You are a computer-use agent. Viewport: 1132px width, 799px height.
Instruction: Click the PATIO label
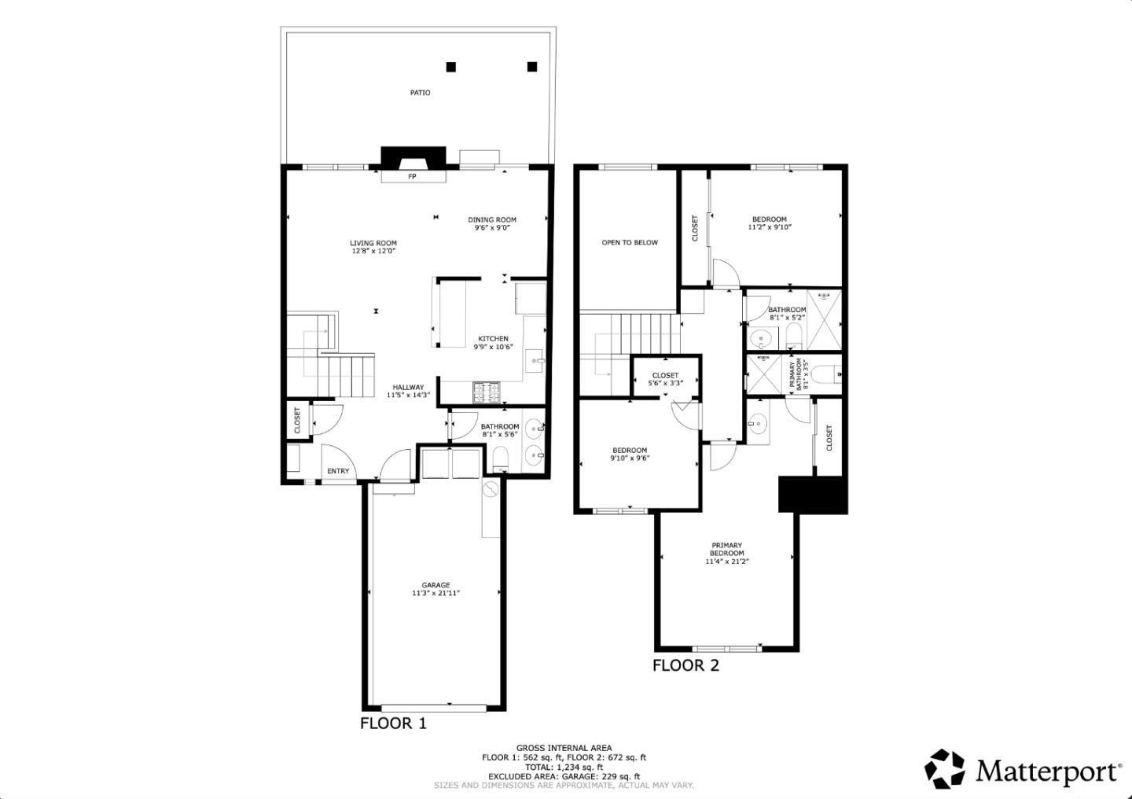(x=420, y=93)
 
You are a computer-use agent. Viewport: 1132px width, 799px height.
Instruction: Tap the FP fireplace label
(x=412, y=177)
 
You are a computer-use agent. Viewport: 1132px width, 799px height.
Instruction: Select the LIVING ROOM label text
(x=373, y=243)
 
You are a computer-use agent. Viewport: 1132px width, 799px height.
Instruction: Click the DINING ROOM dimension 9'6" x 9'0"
(x=492, y=228)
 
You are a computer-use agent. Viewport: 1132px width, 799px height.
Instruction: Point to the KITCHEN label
(x=493, y=339)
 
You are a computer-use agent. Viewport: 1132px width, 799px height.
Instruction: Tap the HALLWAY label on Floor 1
(x=409, y=387)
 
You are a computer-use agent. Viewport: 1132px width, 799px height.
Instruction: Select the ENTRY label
(x=338, y=471)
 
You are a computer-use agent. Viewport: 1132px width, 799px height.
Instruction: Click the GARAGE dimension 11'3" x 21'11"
(x=436, y=593)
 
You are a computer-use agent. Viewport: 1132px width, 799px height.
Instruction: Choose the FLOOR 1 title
(x=393, y=724)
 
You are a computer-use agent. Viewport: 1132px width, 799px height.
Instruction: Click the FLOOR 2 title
(x=685, y=666)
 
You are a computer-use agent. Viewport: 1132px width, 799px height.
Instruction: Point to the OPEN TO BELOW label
(x=630, y=243)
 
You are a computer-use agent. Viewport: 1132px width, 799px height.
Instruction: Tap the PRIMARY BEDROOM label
(x=727, y=549)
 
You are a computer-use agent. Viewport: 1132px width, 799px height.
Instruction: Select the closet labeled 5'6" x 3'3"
(x=665, y=379)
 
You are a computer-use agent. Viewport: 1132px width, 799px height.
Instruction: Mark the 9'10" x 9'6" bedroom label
(x=630, y=455)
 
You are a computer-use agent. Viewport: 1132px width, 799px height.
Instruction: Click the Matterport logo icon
(x=944, y=768)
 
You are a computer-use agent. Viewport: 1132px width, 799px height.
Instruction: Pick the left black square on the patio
(x=450, y=67)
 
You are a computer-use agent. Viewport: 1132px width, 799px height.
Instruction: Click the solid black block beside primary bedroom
(x=812, y=495)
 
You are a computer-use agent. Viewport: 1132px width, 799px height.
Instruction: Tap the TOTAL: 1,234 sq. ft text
(x=564, y=767)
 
